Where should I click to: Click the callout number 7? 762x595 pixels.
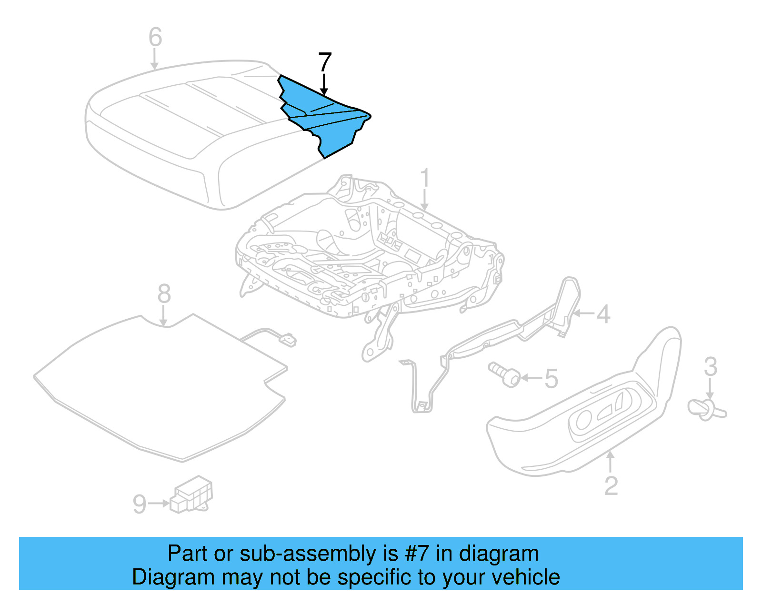tap(324, 62)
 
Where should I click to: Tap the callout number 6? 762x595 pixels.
tap(155, 37)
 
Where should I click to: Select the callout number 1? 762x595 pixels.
tap(425, 178)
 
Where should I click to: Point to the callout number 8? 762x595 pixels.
tap(164, 294)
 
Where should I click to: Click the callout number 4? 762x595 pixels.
tap(603, 314)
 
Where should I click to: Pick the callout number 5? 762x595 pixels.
tap(551, 379)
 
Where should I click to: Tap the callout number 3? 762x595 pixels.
tap(710, 367)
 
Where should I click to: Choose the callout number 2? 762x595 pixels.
tap(611, 486)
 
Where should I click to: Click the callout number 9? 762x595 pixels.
tap(139, 504)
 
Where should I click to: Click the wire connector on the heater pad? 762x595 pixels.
tap(288, 340)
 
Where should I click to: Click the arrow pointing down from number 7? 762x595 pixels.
tap(324, 85)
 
